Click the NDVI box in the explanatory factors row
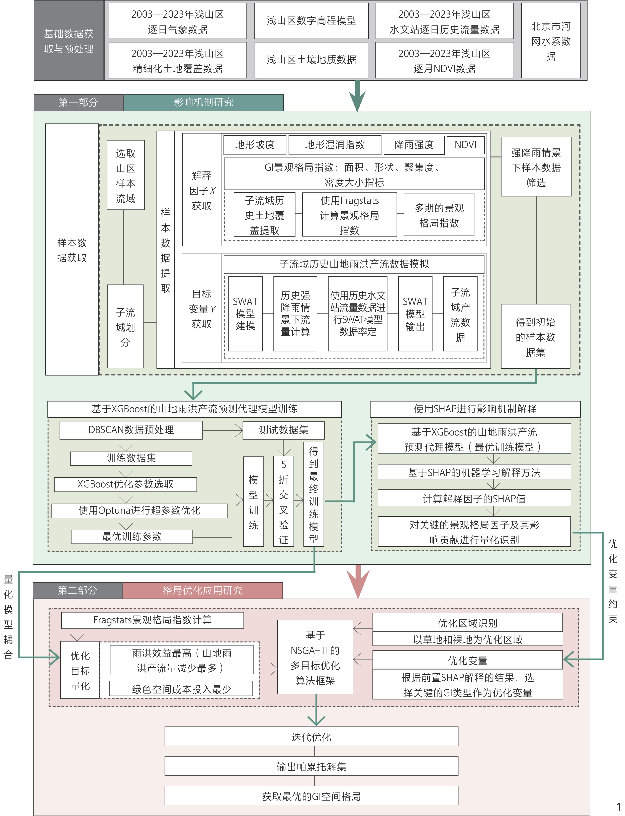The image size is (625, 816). pos(465,145)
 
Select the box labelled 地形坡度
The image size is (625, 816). pos(255,145)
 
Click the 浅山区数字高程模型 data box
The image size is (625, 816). pos(311,21)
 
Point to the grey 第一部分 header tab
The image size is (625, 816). pos(78,102)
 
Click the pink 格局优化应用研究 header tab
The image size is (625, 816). pos(203,590)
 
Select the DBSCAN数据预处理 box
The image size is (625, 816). pos(131,430)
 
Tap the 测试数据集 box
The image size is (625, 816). pos(283,430)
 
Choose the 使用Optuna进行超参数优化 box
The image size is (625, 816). pos(140,510)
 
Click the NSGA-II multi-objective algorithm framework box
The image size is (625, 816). pos(315,657)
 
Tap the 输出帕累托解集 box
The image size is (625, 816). pos(311,766)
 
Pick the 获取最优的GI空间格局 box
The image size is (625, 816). pos(311,796)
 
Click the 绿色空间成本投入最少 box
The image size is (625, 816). pos(181,689)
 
